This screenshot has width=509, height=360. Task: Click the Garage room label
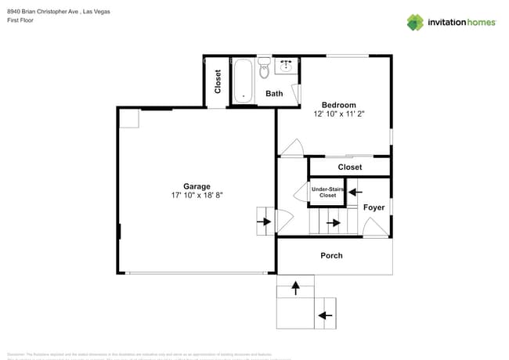[x=197, y=186]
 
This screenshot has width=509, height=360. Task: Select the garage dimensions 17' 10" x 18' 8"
[x=197, y=195]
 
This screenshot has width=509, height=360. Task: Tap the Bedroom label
[x=339, y=105]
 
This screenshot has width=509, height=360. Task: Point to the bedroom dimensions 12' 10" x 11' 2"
[x=339, y=114]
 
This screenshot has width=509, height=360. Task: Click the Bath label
[x=274, y=94]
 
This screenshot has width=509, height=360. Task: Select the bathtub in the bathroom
[x=244, y=80]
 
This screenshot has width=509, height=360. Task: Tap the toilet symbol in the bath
[x=264, y=69]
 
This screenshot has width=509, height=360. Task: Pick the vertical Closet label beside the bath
[x=218, y=81]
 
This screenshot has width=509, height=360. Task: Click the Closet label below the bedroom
[x=349, y=167]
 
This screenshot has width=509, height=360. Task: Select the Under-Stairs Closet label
[x=327, y=192]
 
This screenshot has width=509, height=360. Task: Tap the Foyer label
[x=374, y=207]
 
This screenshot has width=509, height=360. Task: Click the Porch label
[x=331, y=256]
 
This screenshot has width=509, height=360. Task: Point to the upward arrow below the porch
[x=296, y=289]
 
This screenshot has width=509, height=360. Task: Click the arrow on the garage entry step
[x=264, y=221]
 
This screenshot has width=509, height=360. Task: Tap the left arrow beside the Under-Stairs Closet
[x=352, y=191]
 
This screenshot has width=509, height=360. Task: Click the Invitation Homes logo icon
[x=415, y=23]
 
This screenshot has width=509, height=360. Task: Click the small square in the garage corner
[x=129, y=118]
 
